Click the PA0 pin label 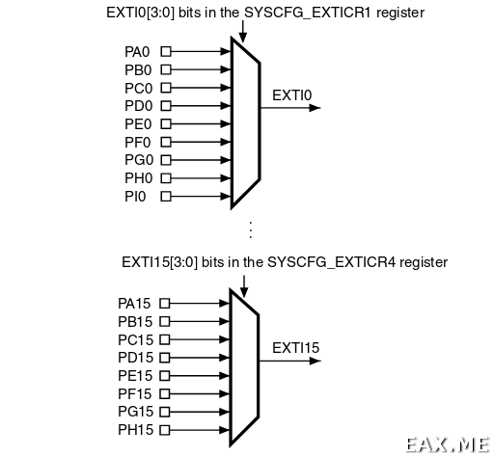[137, 52]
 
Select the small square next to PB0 [166, 69]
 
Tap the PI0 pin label [135, 197]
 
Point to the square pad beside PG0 [166, 160]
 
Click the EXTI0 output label [292, 95]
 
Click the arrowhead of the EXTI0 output [315, 108]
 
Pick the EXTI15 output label [296, 348]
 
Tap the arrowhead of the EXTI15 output [315, 361]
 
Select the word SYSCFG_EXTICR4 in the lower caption [331, 262]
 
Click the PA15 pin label [134, 304]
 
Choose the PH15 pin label [136, 430]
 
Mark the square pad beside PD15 [165, 358]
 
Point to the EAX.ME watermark [448, 445]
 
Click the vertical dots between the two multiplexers [251, 229]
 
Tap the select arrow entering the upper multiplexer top [243, 32]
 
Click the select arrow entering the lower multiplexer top [244, 286]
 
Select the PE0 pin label [138, 124]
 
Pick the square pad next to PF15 [165, 393]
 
